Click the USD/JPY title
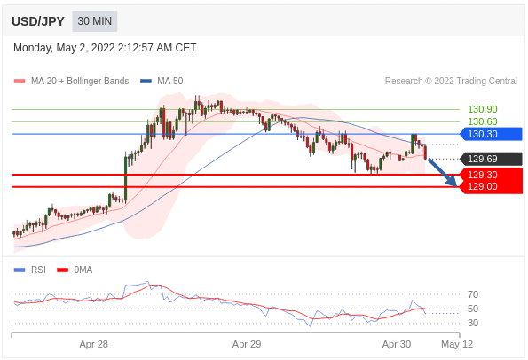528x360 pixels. (x=37, y=21)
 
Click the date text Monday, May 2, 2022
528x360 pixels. (x=64, y=48)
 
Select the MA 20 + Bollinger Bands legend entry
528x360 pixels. (x=71, y=81)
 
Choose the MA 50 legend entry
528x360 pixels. (x=162, y=81)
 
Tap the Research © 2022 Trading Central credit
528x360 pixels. (x=451, y=81)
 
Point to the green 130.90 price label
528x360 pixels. (x=482, y=109)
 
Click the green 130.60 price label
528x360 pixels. (x=482, y=121)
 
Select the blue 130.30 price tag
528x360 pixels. (x=492, y=134)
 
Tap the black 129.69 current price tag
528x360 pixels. (x=492, y=159)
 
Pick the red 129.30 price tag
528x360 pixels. (x=492, y=175)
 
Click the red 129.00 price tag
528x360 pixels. (x=492, y=187)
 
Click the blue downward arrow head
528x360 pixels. (x=452, y=181)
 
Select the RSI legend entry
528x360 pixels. (x=30, y=270)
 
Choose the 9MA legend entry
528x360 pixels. (x=75, y=270)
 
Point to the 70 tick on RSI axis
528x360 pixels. (x=473, y=294)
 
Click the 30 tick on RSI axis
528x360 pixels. (x=473, y=323)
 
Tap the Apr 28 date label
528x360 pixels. (x=93, y=344)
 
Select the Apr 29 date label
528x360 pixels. (x=247, y=344)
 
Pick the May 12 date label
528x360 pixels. (x=457, y=344)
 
